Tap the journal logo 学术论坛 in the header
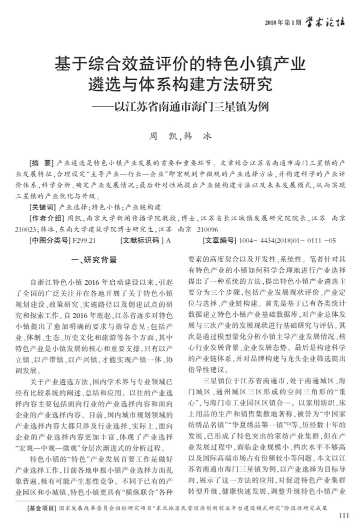pyautogui.click(x=324, y=22)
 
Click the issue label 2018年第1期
pyautogui.click(x=283, y=23)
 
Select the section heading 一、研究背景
pyautogui.click(x=95, y=260)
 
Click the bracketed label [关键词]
pyautogui.click(x=44, y=206)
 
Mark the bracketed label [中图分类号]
pyautogui.click(x=50, y=241)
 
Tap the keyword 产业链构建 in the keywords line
pyautogui.click(x=143, y=206)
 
